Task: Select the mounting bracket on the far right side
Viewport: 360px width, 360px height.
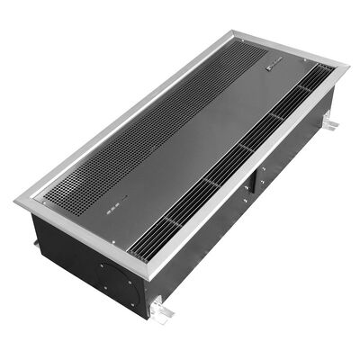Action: coord(329,121)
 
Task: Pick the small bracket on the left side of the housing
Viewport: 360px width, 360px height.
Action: coord(35,241)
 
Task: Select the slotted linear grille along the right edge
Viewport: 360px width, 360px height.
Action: coord(234,153)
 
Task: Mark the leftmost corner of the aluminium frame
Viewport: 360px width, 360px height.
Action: coord(15,201)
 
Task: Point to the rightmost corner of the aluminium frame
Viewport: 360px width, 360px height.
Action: coord(347,67)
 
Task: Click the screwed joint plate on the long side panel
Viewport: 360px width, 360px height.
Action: coord(256,176)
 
